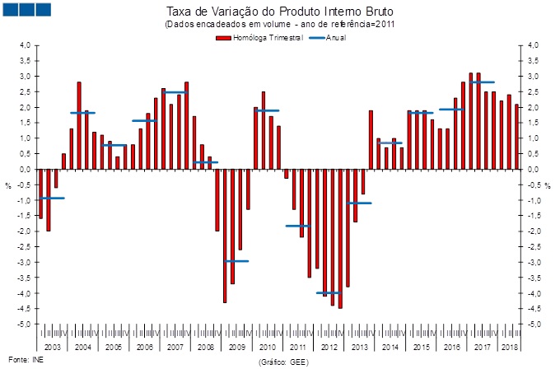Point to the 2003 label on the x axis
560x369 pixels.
coord(52,348)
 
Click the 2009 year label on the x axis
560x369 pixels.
coord(236,348)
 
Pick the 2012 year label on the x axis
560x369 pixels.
coord(329,348)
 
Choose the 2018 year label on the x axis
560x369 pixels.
coord(510,348)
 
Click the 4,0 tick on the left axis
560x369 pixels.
coord(25,45)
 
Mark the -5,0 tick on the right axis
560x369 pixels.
coord(534,325)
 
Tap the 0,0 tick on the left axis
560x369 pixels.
coord(25,170)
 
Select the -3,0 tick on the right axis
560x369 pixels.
coord(534,263)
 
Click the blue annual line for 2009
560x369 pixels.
coord(236,261)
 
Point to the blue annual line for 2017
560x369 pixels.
coord(483,82)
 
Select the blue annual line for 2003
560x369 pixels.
coord(52,199)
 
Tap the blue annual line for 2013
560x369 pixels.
coord(359,203)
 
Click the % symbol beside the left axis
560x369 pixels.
coord(8,185)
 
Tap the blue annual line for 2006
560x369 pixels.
coord(144,121)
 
